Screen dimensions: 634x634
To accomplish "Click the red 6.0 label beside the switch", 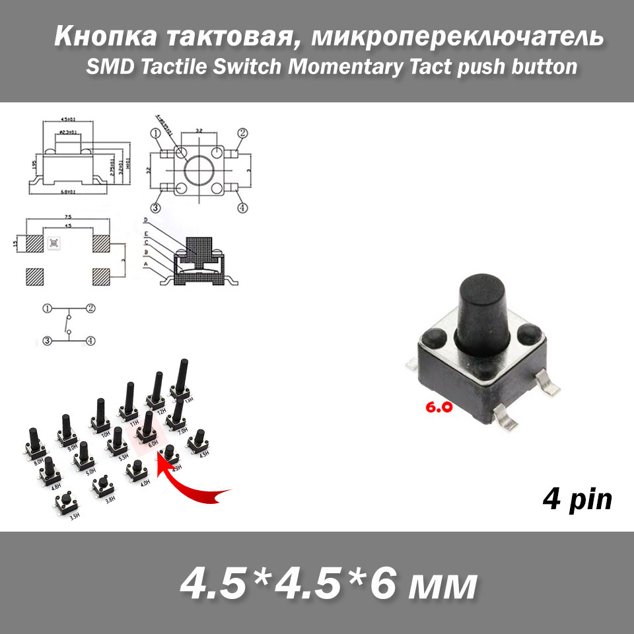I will (439, 407).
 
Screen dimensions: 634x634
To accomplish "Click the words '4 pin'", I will (577, 500).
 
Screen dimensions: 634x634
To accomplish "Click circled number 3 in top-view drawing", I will (156, 207).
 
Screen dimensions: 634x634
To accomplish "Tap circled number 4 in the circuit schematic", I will (90, 341).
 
